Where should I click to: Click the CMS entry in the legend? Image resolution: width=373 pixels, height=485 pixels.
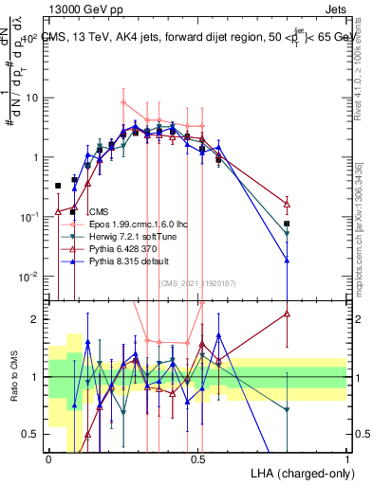[x=100, y=211]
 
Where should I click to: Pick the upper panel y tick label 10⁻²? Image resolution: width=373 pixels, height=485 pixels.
[x=31, y=277]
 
